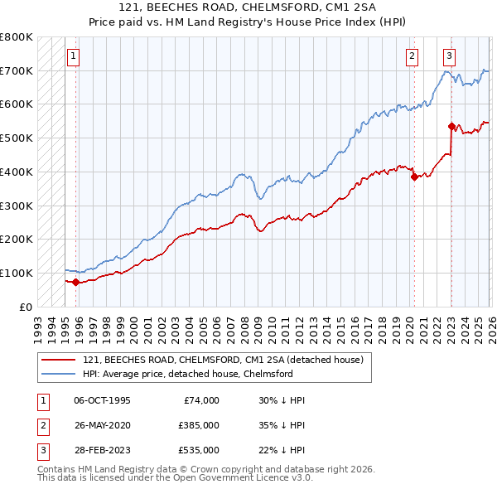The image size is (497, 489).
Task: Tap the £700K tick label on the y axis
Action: [x=17, y=71]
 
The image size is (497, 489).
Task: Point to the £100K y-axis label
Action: [x=17, y=273]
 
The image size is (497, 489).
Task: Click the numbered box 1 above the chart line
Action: [x=74, y=56]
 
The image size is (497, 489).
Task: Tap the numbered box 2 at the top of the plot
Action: [x=412, y=56]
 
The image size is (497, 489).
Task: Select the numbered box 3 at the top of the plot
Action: [x=449, y=56]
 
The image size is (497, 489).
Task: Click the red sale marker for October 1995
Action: [x=76, y=282]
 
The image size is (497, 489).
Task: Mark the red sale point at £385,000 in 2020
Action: [x=413, y=177]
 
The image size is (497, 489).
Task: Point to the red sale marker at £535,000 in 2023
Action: [x=451, y=127]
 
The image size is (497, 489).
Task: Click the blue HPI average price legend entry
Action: [x=188, y=374]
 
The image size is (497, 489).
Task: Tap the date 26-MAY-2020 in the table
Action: [x=102, y=425]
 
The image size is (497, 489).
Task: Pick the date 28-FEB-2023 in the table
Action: [x=102, y=450]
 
